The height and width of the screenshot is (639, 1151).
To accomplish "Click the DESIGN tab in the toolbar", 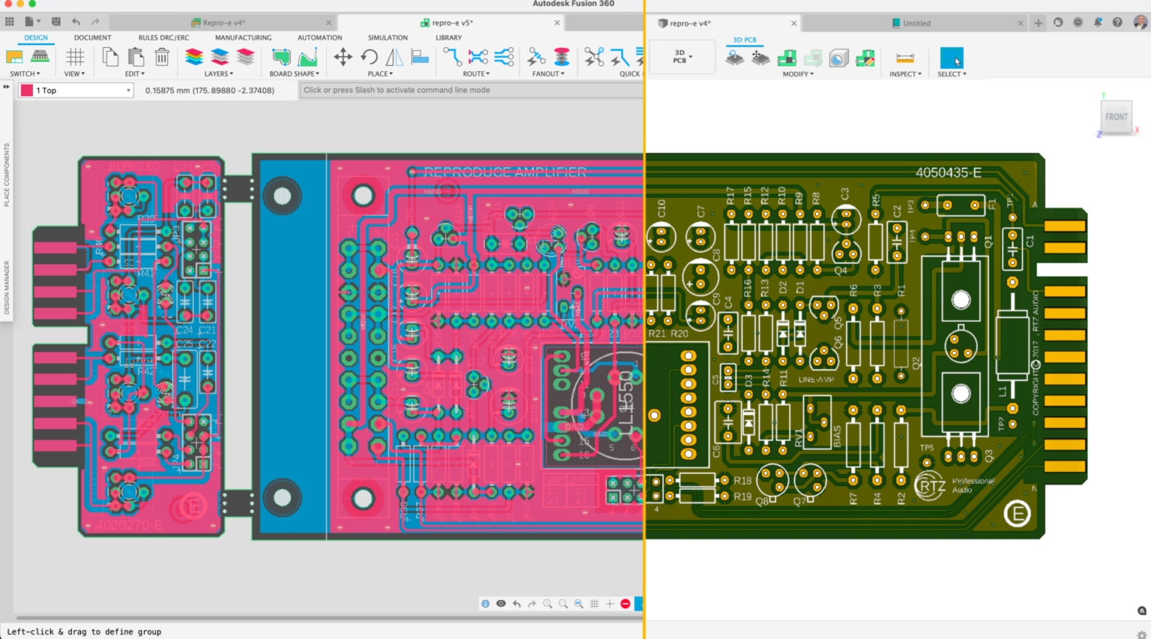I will coord(36,37).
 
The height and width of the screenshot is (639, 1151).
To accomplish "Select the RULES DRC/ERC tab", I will coord(163,37).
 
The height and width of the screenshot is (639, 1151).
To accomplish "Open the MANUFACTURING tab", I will coord(243,37).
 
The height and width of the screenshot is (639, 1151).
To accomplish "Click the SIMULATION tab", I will coord(387,37).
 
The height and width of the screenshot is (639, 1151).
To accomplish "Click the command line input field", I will coord(471,91).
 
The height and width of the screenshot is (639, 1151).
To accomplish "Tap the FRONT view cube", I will coord(1116,117).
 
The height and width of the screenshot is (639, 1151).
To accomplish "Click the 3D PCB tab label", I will coord(744,40).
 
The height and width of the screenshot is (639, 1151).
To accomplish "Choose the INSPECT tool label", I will coord(905,74).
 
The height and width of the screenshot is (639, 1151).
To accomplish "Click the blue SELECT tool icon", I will coord(951,58).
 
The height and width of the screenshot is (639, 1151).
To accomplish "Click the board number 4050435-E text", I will coord(948,173).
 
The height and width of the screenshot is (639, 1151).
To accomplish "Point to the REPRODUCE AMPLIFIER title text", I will coord(505,172).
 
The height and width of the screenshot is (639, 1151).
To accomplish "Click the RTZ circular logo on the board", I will coord(930,486).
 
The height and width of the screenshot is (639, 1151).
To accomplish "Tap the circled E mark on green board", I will coord(1017,513).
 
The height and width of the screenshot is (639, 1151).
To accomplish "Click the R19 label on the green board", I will coord(742,496).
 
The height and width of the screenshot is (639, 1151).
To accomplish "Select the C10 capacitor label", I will coord(661,208).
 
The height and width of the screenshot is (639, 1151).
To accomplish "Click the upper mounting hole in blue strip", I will coord(282,196).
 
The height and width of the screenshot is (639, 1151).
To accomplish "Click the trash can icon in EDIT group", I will coord(162,57).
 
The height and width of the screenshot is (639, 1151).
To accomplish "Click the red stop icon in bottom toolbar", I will coord(625,604).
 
